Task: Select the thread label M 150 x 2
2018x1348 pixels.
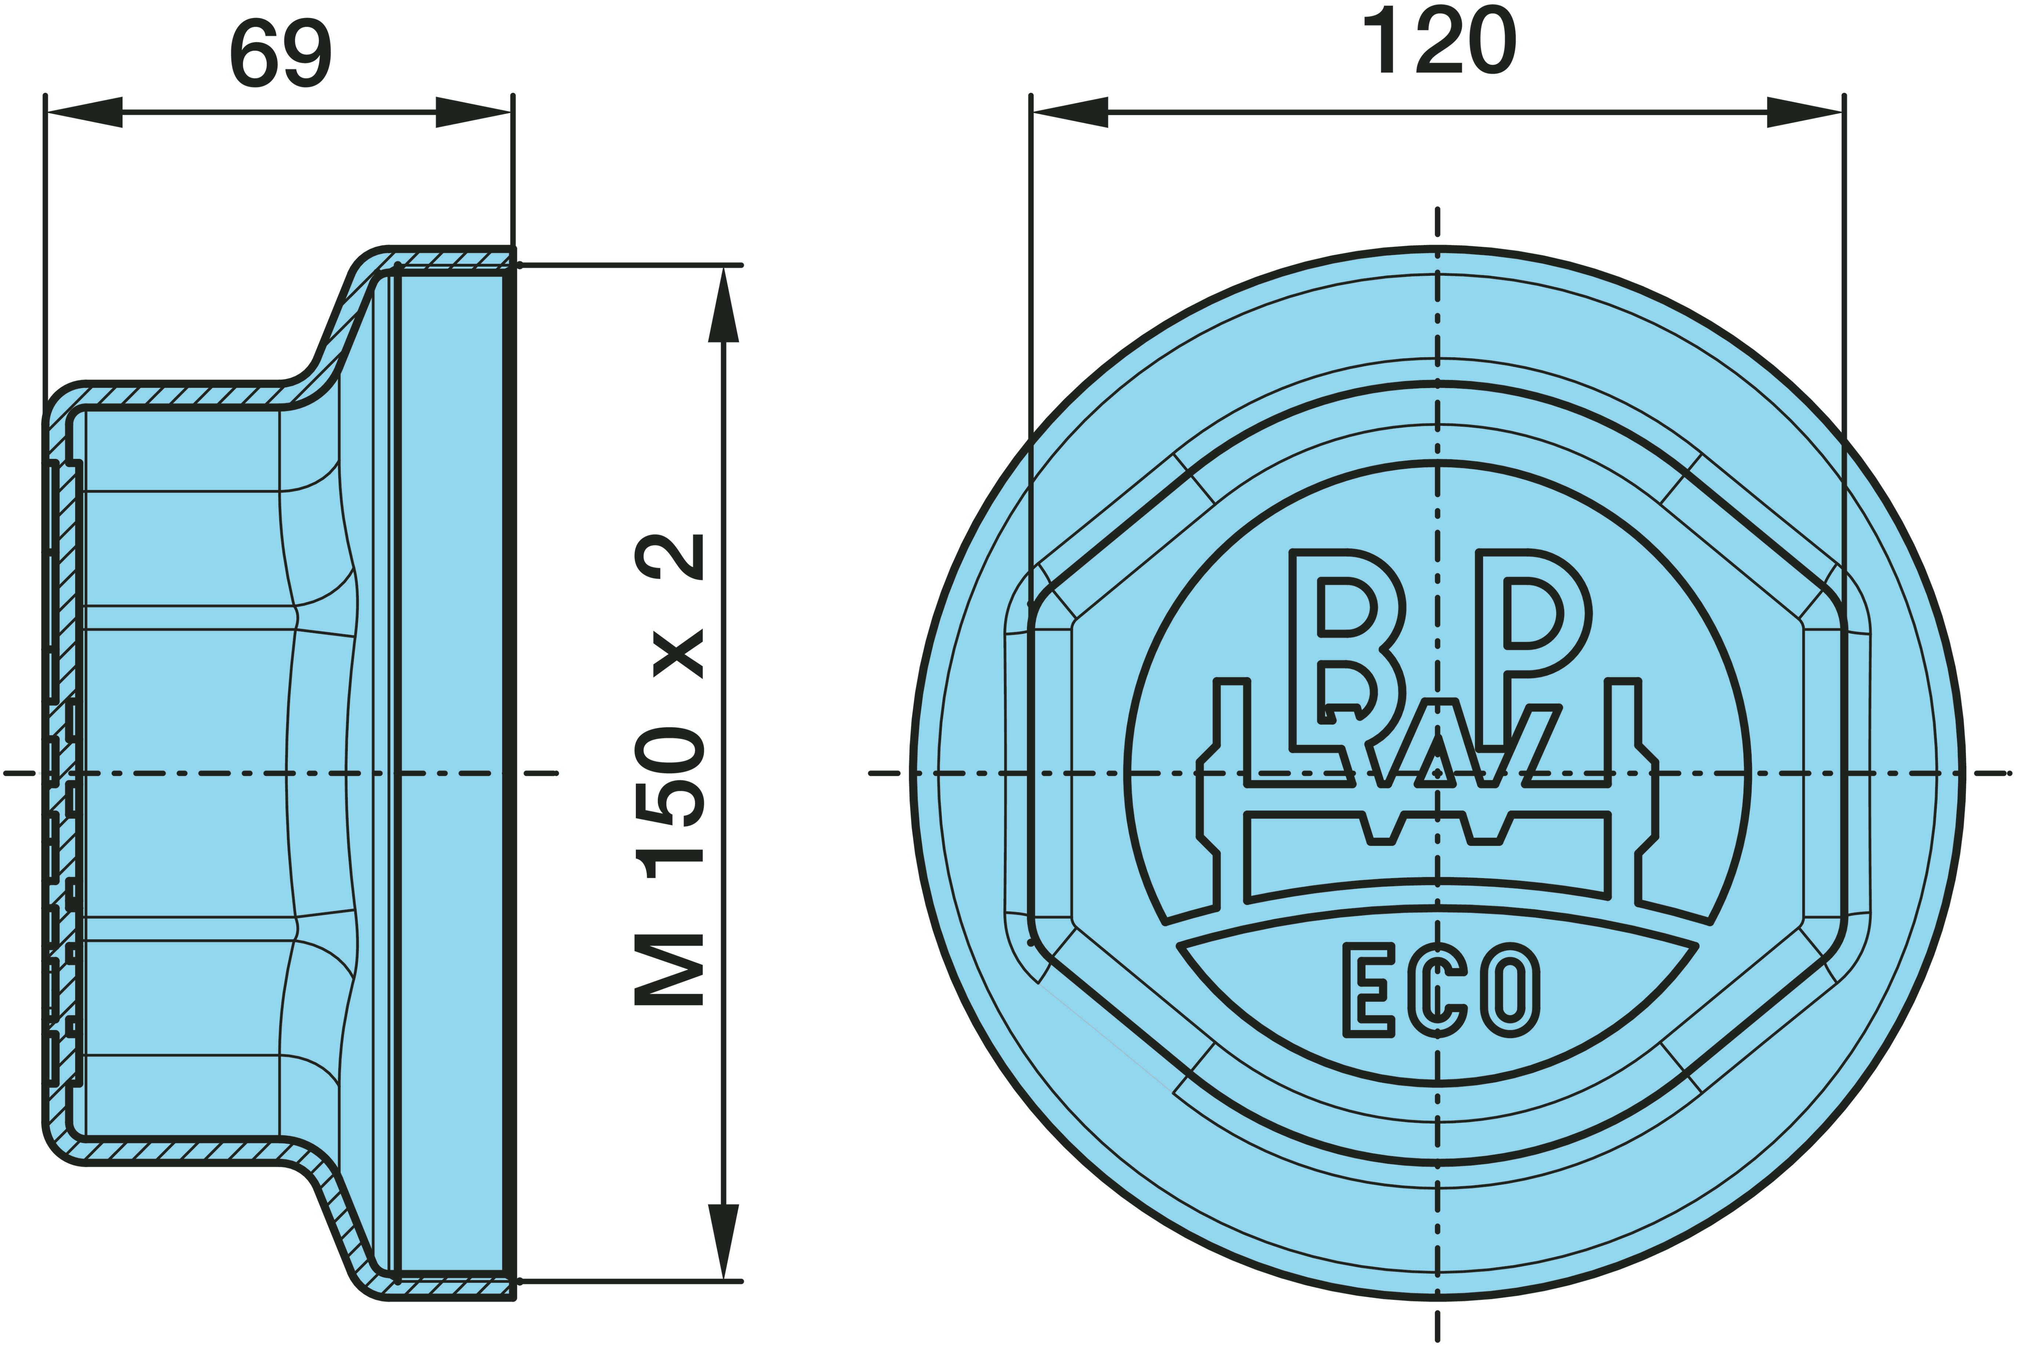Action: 670,770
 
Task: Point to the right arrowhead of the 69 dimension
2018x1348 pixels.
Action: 474,112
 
